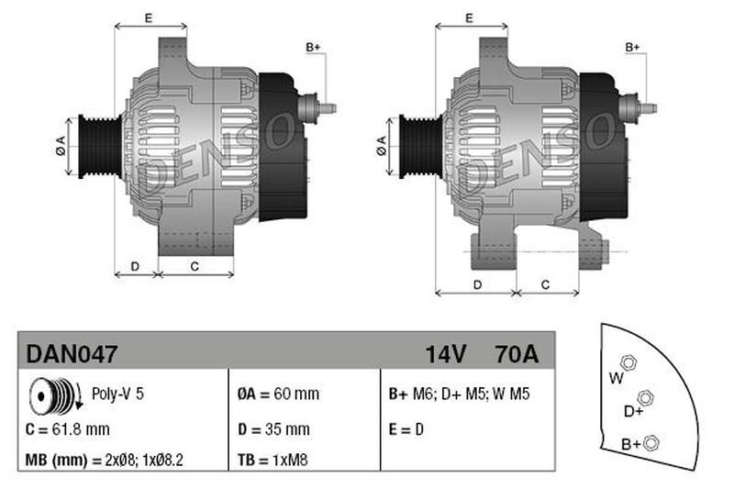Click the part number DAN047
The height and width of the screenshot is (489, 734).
click(x=72, y=354)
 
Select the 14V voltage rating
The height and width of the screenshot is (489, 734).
click(x=445, y=354)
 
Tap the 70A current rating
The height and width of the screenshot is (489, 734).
click(x=517, y=354)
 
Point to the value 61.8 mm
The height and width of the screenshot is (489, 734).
click(x=81, y=429)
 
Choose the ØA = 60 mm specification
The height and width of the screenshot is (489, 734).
click(x=278, y=394)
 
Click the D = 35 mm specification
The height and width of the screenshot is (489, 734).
click(x=273, y=429)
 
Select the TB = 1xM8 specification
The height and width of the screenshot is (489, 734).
click(x=272, y=460)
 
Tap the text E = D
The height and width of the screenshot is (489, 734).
click(x=406, y=429)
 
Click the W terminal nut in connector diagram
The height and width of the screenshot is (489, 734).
click(x=628, y=362)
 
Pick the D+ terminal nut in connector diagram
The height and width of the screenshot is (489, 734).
click(x=646, y=398)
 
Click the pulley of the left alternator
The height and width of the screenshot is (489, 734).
click(x=100, y=147)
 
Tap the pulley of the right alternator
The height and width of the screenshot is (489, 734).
click(x=421, y=147)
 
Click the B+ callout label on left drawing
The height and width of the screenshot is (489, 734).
click(x=313, y=48)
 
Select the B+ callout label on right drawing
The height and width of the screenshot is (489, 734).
click(x=633, y=48)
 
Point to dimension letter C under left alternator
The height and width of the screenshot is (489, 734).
click(x=195, y=266)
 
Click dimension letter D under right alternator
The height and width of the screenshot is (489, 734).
click(x=477, y=284)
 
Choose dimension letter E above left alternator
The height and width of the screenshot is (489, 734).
click(x=149, y=18)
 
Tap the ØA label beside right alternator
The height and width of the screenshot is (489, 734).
click(x=382, y=146)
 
